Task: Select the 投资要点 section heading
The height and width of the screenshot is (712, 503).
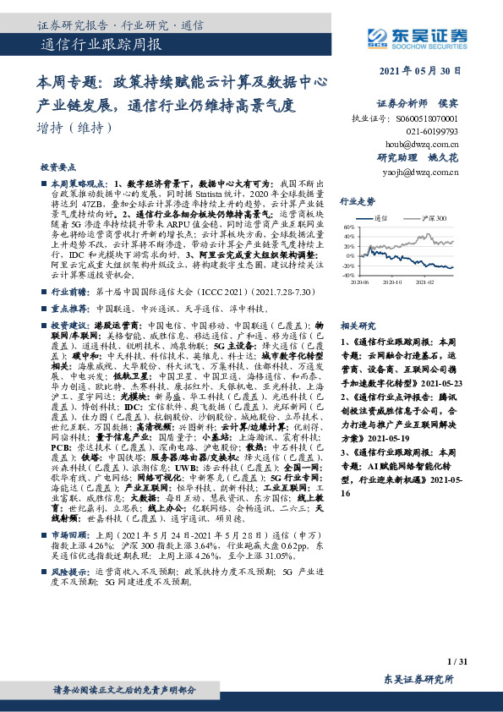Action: click(x=58, y=167)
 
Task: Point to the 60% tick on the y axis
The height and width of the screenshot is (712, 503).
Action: click(x=348, y=227)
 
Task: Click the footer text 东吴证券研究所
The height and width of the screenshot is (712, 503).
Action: click(x=418, y=678)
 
